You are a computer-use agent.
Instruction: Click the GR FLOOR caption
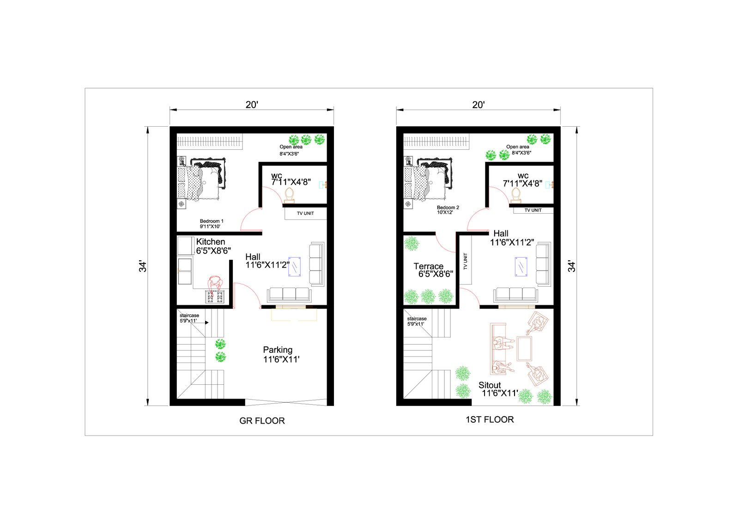[x=261, y=421]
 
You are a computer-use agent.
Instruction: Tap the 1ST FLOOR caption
[x=490, y=419]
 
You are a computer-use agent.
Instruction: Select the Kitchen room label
[x=211, y=241]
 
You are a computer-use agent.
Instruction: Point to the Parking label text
[x=278, y=350]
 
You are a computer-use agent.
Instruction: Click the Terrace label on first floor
[x=428, y=266]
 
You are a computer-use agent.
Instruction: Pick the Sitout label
[x=490, y=385]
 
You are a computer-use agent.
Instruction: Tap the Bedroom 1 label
[x=212, y=221]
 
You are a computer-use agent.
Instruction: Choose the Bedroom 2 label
[x=448, y=208]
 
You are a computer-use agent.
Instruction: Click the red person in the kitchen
[x=215, y=283]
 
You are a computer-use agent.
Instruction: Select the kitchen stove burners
[x=215, y=296]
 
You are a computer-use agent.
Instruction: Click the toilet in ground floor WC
[x=289, y=195]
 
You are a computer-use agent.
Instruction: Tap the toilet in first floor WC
[x=515, y=195]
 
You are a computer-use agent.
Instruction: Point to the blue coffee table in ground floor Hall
[x=294, y=266]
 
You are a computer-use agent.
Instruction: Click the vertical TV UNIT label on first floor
[x=466, y=261]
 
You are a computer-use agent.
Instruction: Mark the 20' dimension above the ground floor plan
[x=252, y=105]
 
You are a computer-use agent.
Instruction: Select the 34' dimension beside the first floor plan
[x=571, y=266]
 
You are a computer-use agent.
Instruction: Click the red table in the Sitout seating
[x=524, y=349]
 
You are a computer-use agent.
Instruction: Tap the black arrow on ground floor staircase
[x=207, y=322]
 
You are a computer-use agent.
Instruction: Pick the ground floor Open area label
[x=291, y=147]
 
